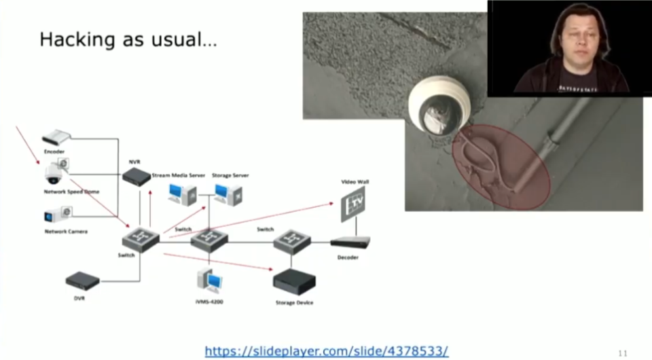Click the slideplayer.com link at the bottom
click(326, 350)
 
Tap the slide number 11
click(623, 353)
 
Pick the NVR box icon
click(137, 177)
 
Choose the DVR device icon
click(82, 280)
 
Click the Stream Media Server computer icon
click(183, 194)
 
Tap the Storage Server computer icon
click(229, 194)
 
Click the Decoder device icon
click(350, 242)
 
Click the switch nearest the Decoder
click(293, 241)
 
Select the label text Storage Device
click(294, 302)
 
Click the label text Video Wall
click(355, 182)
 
